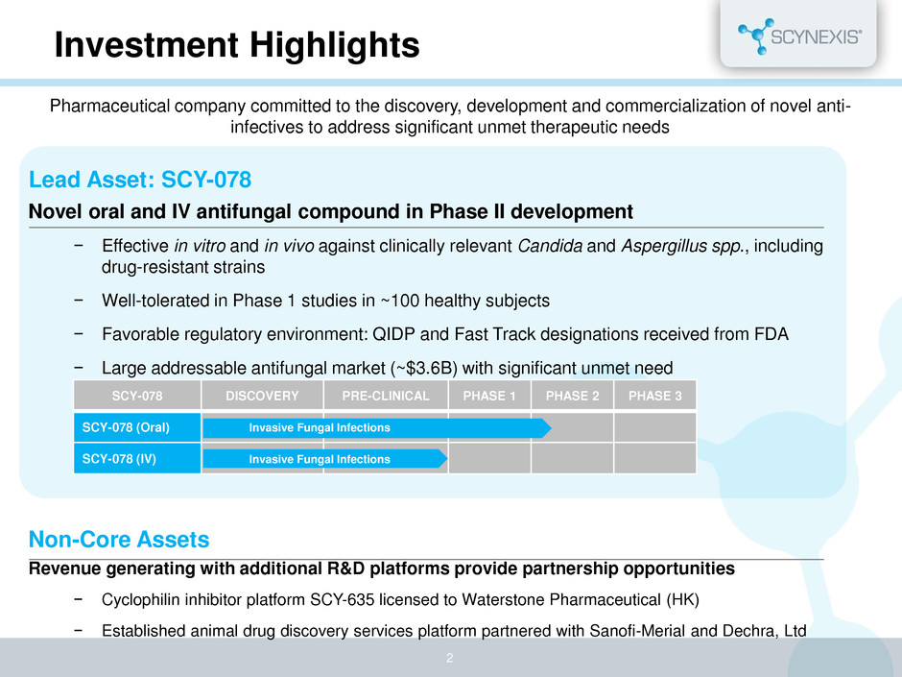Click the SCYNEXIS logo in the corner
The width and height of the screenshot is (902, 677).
[799, 36]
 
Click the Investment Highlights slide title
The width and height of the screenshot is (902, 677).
[237, 45]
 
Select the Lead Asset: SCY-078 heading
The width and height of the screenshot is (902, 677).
[140, 180]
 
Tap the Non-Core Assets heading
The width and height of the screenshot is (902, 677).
[119, 540]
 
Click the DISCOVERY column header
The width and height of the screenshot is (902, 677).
[262, 396]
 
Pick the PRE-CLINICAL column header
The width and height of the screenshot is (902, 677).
[386, 396]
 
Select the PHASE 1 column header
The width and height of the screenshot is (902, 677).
[489, 396]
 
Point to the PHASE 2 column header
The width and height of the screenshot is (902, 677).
[572, 396]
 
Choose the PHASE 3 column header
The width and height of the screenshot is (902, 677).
[655, 396]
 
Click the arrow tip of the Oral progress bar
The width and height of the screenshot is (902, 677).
[551, 427]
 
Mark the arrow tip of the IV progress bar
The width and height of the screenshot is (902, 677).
[447, 459]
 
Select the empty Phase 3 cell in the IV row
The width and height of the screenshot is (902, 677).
[655, 459]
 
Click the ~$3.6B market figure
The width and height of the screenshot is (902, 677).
[424, 368]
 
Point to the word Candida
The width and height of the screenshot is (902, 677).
[550, 246]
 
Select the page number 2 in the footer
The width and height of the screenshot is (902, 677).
[450, 658]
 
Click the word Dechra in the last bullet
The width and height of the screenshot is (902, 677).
[750, 631]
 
